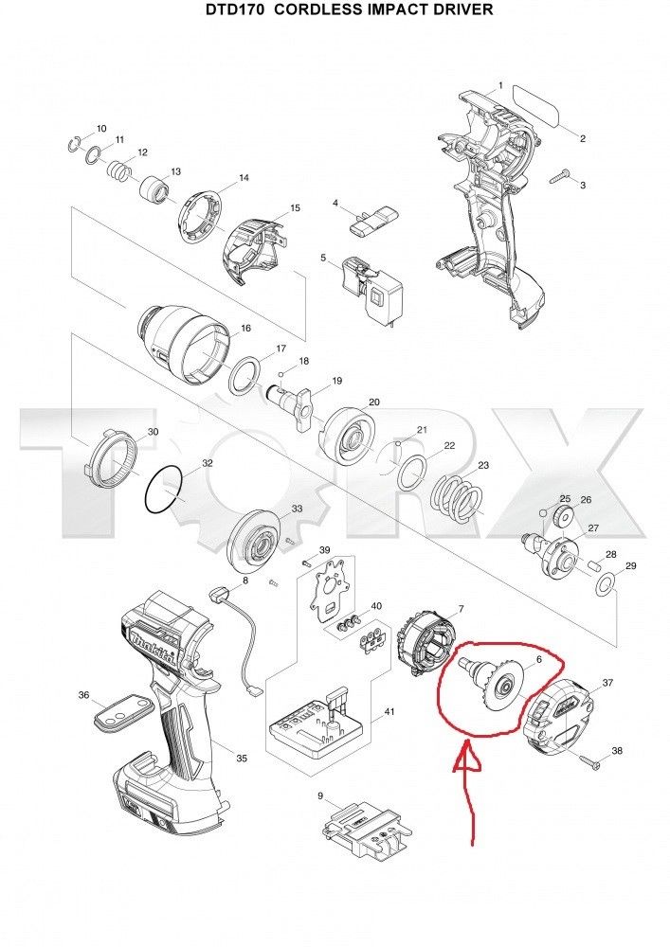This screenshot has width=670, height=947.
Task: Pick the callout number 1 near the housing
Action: [500, 86]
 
